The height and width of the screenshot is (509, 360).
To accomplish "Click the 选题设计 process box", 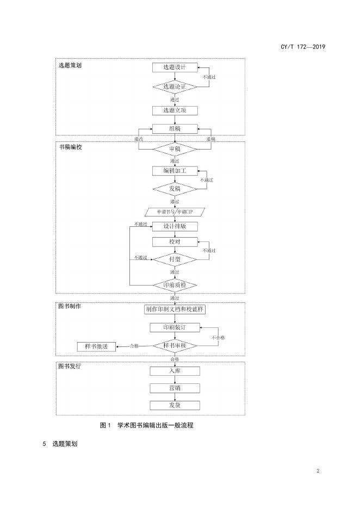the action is point(175,67).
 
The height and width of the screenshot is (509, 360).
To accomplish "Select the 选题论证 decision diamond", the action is point(175,87).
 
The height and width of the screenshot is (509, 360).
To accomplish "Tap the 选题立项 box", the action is point(175,110).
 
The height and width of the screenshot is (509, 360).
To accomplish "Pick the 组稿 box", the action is point(175,128).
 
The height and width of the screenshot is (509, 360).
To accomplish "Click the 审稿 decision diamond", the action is point(175,148).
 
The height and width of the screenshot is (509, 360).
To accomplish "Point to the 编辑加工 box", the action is point(175,171).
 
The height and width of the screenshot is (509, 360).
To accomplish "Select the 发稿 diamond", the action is point(175,189).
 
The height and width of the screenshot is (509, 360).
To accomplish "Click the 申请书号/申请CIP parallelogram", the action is point(175,212).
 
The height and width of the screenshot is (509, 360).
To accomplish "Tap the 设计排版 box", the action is point(175,226).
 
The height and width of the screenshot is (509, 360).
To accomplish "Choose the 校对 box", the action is point(175,241).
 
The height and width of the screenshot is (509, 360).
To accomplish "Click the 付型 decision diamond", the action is point(175,259).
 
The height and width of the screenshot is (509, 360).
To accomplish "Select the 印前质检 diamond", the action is point(175,285).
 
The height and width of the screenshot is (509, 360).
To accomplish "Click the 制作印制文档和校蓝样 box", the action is point(175,309).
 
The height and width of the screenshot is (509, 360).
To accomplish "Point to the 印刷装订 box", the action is point(175,327).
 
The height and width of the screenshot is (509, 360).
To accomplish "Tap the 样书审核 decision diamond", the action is point(175,346).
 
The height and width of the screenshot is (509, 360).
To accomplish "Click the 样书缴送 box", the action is point(96,346).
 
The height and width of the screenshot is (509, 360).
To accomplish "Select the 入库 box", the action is point(175,371).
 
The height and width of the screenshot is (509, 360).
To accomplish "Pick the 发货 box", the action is point(175,405).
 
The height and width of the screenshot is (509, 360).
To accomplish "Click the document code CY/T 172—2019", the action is point(302,47).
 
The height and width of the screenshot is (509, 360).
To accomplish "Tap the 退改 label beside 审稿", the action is point(139,140).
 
